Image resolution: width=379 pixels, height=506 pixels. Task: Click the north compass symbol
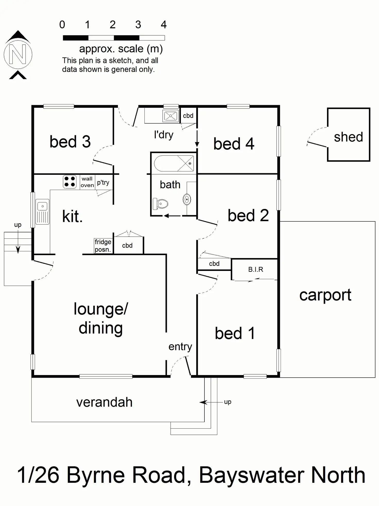click(x=18, y=54)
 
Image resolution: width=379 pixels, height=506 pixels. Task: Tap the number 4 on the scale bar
click(x=163, y=25)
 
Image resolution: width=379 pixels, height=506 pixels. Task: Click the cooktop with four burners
click(x=70, y=182)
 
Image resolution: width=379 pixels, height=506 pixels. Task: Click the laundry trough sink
click(x=170, y=116)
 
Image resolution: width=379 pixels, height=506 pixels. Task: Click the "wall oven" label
click(x=87, y=182)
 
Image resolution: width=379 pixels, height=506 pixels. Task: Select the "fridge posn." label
click(x=103, y=246)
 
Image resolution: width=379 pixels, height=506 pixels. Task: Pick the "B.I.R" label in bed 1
click(x=255, y=269)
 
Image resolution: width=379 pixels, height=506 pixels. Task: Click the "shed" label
click(x=348, y=137)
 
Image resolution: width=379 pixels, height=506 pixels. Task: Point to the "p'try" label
click(x=103, y=183)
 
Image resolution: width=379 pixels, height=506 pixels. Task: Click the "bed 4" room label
click(x=234, y=144)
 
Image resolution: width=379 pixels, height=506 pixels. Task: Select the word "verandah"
click(x=104, y=402)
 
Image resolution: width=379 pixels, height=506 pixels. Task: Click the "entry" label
click(x=180, y=346)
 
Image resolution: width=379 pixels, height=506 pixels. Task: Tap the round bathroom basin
click(x=187, y=199)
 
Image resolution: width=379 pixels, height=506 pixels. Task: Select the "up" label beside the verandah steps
click(x=228, y=402)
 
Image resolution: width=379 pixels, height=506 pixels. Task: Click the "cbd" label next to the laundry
click(x=188, y=116)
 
